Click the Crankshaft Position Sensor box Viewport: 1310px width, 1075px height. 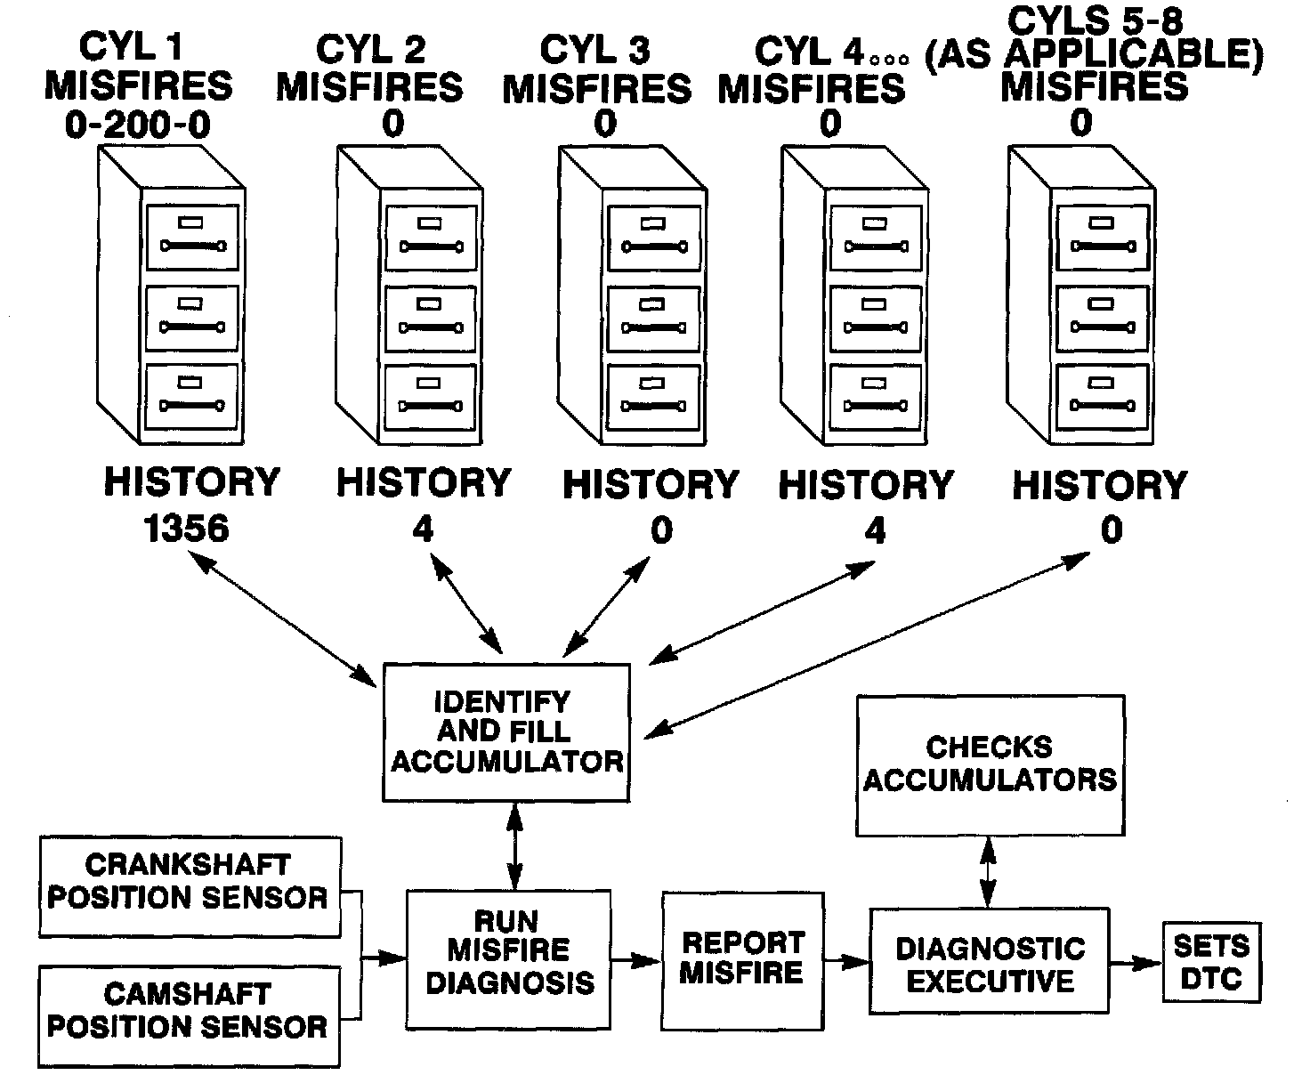(x=190, y=886)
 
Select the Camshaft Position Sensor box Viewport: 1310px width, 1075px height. (x=189, y=1016)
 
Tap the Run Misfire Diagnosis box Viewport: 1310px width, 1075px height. (x=509, y=958)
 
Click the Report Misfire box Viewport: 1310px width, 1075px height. (x=742, y=961)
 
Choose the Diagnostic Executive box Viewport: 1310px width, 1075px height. (x=989, y=961)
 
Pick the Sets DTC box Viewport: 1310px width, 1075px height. (x=1211, y=962)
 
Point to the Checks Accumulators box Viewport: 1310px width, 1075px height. (x=991, y=765)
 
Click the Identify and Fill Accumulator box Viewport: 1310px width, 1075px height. (x=506, y=732)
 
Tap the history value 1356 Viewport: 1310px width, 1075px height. (x=186, y=529)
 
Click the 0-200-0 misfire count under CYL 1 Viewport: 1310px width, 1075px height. (x=138, y=125)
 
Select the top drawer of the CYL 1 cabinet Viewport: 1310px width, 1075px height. (x=192, y=238)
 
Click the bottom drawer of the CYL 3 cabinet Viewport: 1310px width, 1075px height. (x=653, y=398)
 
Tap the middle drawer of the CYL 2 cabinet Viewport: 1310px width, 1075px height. (x=431, y=319)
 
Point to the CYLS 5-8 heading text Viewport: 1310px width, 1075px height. (x=1095, y=20)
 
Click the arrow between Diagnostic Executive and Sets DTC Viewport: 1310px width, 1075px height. (x=1136, y=963)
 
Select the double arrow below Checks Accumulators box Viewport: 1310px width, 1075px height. (x=988, y=872)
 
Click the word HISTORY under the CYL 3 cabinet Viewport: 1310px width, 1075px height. (x=651, y=485)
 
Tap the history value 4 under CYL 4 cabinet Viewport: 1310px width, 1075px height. (x=875, y=529)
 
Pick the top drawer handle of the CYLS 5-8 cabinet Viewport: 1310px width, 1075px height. (x=1103, y=247)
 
